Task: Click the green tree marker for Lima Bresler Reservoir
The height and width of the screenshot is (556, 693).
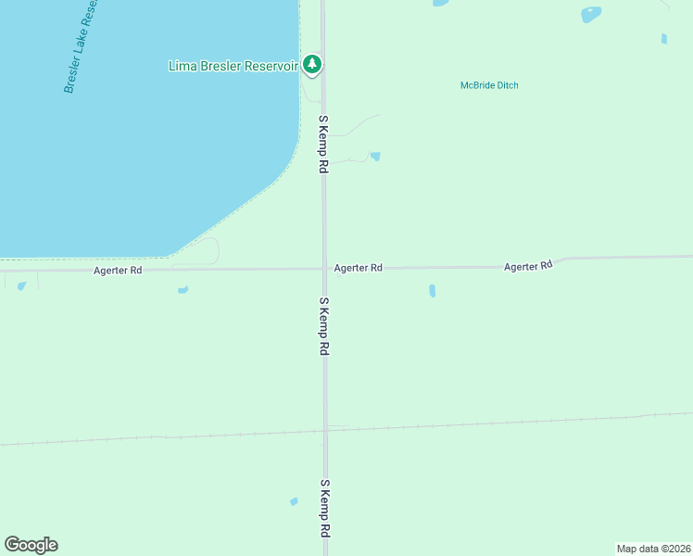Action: [x=314, y=65]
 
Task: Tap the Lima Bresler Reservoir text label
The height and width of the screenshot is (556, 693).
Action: [x=233, y=66]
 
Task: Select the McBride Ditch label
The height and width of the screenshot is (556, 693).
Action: [x=489, y=85]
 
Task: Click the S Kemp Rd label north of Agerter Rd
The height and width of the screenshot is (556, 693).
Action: [x=323, y=145]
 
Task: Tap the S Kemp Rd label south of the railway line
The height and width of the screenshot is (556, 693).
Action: [x=324, y=509]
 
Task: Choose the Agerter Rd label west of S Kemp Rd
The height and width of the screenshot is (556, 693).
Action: [x=118, y=271]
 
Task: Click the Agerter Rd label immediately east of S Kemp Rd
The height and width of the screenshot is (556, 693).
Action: [x=359, y=268]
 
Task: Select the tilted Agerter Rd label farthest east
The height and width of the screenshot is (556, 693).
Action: [x=528, y=266]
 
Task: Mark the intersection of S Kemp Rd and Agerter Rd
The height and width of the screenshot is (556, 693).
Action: [x=324, y=269]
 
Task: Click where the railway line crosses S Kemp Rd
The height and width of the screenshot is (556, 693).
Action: [x=325, y=429]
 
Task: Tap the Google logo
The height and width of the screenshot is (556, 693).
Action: [x=31, y=545]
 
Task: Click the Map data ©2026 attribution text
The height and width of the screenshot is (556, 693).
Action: [x=653, y=549]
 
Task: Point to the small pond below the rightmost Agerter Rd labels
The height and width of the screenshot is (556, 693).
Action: [x=432, y=291]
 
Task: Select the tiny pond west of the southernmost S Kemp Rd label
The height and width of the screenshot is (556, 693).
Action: [x=294, y=501]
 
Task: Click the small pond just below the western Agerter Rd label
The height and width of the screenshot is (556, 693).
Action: [x=183, y=290]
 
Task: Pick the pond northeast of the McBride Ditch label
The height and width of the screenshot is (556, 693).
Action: [x=590, y=15]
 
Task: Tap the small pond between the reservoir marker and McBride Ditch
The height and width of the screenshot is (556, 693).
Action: [x=375, y=157]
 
